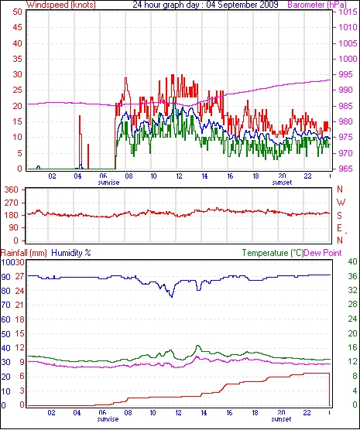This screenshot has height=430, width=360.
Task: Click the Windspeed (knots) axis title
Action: [x=61, y=5]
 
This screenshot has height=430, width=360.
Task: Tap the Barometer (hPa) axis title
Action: [x=317, y=5]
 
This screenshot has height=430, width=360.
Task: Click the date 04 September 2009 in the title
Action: [x=242, y=5]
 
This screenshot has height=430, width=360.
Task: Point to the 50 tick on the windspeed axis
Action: [x=17, y=12]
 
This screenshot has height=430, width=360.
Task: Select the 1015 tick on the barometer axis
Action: [x=347, y=12]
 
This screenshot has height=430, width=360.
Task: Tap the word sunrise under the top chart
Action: [x=108, y=183]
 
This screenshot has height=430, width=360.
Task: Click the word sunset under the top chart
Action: [x=282, y=183]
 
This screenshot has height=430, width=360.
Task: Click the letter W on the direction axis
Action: [x=341, y=203]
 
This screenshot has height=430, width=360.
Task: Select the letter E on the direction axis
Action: [x=340, y=228]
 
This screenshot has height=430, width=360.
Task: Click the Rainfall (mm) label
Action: [x=24, y=253]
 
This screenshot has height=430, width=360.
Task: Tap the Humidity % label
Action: [x=71, y=253]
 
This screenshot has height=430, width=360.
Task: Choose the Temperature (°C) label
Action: [x=273, y=253]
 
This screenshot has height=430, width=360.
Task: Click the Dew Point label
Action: [x=323, y=253]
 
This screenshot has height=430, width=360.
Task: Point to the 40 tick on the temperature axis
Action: [x=352, y=262]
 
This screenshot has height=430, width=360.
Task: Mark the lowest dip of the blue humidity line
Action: [x=172, y=297]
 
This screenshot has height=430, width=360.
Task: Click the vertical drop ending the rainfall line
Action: [x=329, y=389]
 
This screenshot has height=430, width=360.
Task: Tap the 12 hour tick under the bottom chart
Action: [x=179, y=412]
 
